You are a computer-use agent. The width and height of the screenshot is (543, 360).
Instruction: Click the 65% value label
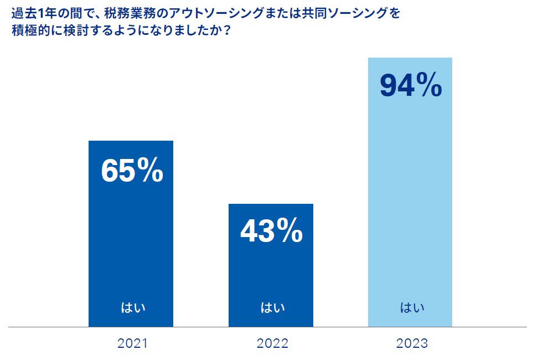pos(132,171)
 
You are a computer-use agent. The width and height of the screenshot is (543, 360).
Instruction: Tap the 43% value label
pos(271,231)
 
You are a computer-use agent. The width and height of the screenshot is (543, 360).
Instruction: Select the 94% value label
pos(410,86)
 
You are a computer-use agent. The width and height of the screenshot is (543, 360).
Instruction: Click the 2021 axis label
pos(132,343)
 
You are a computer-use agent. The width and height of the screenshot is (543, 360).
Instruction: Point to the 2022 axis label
pos(272,343)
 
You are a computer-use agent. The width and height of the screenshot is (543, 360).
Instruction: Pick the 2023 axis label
pos(412,343)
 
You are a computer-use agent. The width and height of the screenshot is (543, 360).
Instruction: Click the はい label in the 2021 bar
pos(132,307)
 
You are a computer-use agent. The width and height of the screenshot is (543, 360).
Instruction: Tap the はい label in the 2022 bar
pos(272,307)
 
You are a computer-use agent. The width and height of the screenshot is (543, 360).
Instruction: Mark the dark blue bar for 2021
pos(131,249)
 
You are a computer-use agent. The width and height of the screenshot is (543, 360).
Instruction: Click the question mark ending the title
pos(227,31)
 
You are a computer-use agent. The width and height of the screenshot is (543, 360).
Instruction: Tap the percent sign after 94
pos(430,86)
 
